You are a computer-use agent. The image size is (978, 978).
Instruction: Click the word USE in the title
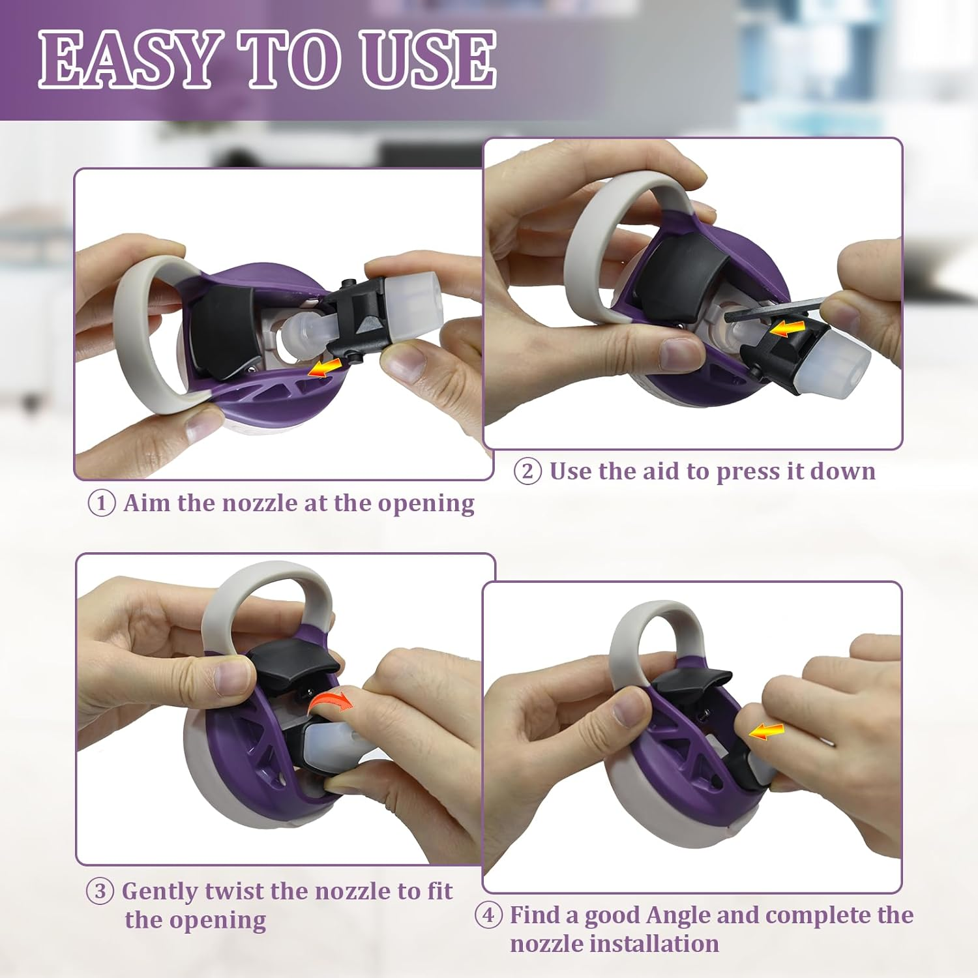tap(428, 59)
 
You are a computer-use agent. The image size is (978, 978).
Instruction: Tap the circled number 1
tap(101, 503)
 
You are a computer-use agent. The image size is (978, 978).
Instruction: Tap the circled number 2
tap(527, 471)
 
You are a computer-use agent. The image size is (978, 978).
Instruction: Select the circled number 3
tap(100, 891)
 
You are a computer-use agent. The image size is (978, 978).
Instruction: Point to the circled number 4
tap(488, 915)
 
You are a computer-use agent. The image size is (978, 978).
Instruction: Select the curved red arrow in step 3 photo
tap(329, 703)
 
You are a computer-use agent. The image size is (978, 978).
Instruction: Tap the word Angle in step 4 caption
tap(677, 916)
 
